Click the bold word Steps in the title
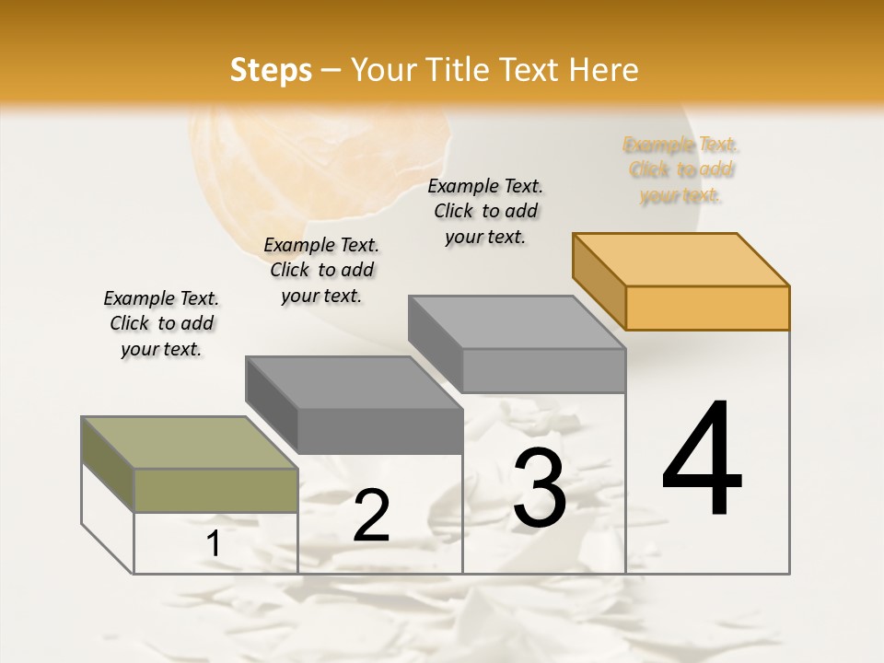coord(271,70)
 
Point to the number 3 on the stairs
coord(540,488)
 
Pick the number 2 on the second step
coord(371,516)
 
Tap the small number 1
coord(214,544)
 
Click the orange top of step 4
coord(680,260)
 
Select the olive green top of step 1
coord(190,443)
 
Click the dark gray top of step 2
coord(354,382)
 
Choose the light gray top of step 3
coord(517,322)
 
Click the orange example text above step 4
coord(681,170)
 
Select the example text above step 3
coord(485,211)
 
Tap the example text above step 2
coord(321,270)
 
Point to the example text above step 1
coord(161,323)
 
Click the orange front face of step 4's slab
coord(707,308)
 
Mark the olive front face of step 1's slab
coord(215,490)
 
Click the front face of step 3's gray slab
coord(543,370)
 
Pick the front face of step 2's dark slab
coord(379,431)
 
